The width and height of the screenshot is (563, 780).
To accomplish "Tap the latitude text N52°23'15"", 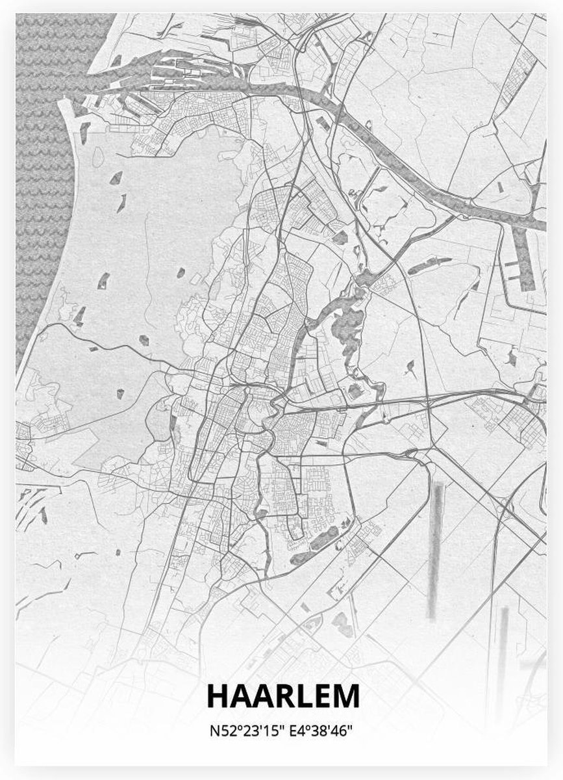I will (243, 730).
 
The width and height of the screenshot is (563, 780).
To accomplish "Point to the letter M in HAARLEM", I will (346, 695).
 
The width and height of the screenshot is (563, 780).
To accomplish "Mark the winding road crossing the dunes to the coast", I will (97, 331).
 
